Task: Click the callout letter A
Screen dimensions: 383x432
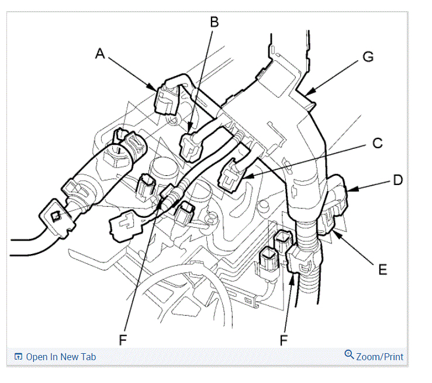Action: (x=100, y=54)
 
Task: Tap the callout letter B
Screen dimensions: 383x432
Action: (x=214, y=23)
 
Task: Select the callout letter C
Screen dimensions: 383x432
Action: (x=378, y=142)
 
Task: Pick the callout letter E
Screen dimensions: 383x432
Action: (x=382, y=269)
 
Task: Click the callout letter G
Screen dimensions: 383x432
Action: (x=368, y=57)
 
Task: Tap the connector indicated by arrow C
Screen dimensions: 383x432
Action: (x=231, y=177)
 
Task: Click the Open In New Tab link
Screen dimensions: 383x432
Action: (x=61, y=357)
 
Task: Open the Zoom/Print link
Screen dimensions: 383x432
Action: (x=379, y=357)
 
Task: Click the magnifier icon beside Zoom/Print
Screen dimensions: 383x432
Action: (x=349, y=355)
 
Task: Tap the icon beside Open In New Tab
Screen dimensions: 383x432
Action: (x=18, y=357)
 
